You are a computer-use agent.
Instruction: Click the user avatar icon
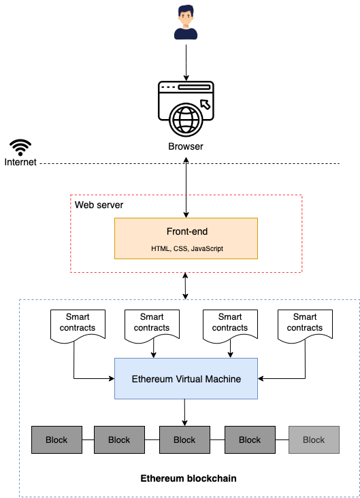(x=186, y=22)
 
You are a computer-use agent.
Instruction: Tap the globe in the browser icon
(x=186, y=120)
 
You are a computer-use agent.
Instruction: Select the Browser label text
(x=186, y=146)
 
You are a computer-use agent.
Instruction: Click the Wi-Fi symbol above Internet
(x=20, y=148)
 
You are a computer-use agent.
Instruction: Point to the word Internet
(x=20, y=162)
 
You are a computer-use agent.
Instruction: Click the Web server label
(x=99, y=205)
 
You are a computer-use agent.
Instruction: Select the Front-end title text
(x=187, y=231)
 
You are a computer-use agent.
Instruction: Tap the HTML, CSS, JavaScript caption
(x=187, y=248)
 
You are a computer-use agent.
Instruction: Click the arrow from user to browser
(x=186, y=63)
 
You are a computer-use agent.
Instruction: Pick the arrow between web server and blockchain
(x=185, y=286)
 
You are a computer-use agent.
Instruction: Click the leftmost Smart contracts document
(x=78, y=327)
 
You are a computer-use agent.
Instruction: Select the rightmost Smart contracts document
(x=305, y=327)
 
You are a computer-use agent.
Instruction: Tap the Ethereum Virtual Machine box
(x=186, y=378)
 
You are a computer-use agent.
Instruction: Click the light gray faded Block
(x=314, y=440)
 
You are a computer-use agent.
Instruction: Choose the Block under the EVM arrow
(x=184, y=440)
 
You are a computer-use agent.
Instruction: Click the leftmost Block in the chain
(x=56, y=440)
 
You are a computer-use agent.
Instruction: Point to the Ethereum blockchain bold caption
(x=189, y=478)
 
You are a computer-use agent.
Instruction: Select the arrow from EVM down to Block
(x=184, y=412)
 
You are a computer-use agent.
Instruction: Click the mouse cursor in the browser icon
(x=206, y=104)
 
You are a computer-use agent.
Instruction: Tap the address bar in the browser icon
(x=194, y=87)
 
